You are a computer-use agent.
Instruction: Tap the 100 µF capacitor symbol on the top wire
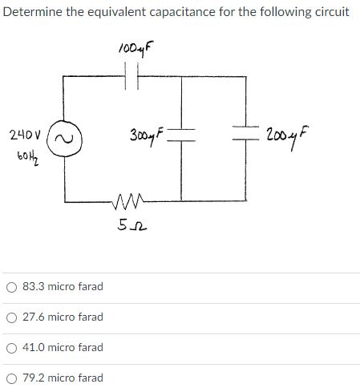pos(134,78)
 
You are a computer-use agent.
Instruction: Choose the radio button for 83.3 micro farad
pos(11,287)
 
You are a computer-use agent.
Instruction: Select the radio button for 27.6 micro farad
pos(11,317)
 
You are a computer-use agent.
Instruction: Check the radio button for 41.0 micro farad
pos(11,348)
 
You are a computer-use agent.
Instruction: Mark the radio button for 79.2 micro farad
pos(11,378)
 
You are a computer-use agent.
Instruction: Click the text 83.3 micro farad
pos(63,287)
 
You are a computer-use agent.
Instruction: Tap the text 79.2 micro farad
pos(63,378)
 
